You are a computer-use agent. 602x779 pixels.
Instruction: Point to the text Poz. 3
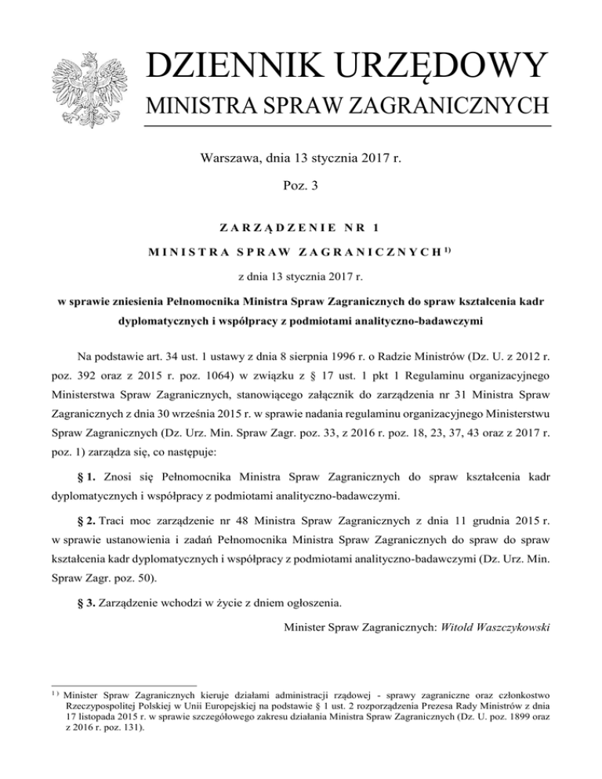tap(301, 190)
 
